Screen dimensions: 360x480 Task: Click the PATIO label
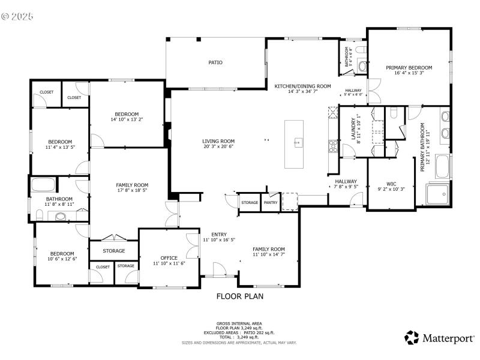215,62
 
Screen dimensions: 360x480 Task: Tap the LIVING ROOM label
218,141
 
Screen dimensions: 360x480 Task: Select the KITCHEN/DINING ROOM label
303,86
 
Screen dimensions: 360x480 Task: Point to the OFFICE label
169,258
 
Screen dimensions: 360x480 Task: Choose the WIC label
391,184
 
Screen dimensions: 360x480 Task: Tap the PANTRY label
271,202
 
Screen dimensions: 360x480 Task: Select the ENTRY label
218,235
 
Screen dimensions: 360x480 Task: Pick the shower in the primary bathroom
437,194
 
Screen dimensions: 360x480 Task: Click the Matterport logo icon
412,338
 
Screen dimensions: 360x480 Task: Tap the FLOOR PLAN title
240,296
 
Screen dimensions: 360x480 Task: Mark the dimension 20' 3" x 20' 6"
218,146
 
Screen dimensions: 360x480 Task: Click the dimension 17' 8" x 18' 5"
133,190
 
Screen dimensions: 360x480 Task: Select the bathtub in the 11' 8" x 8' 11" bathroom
43,184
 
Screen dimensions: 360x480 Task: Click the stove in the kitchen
332,145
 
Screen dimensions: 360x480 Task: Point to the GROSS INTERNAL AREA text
239,323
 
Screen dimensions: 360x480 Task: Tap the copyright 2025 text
17,16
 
